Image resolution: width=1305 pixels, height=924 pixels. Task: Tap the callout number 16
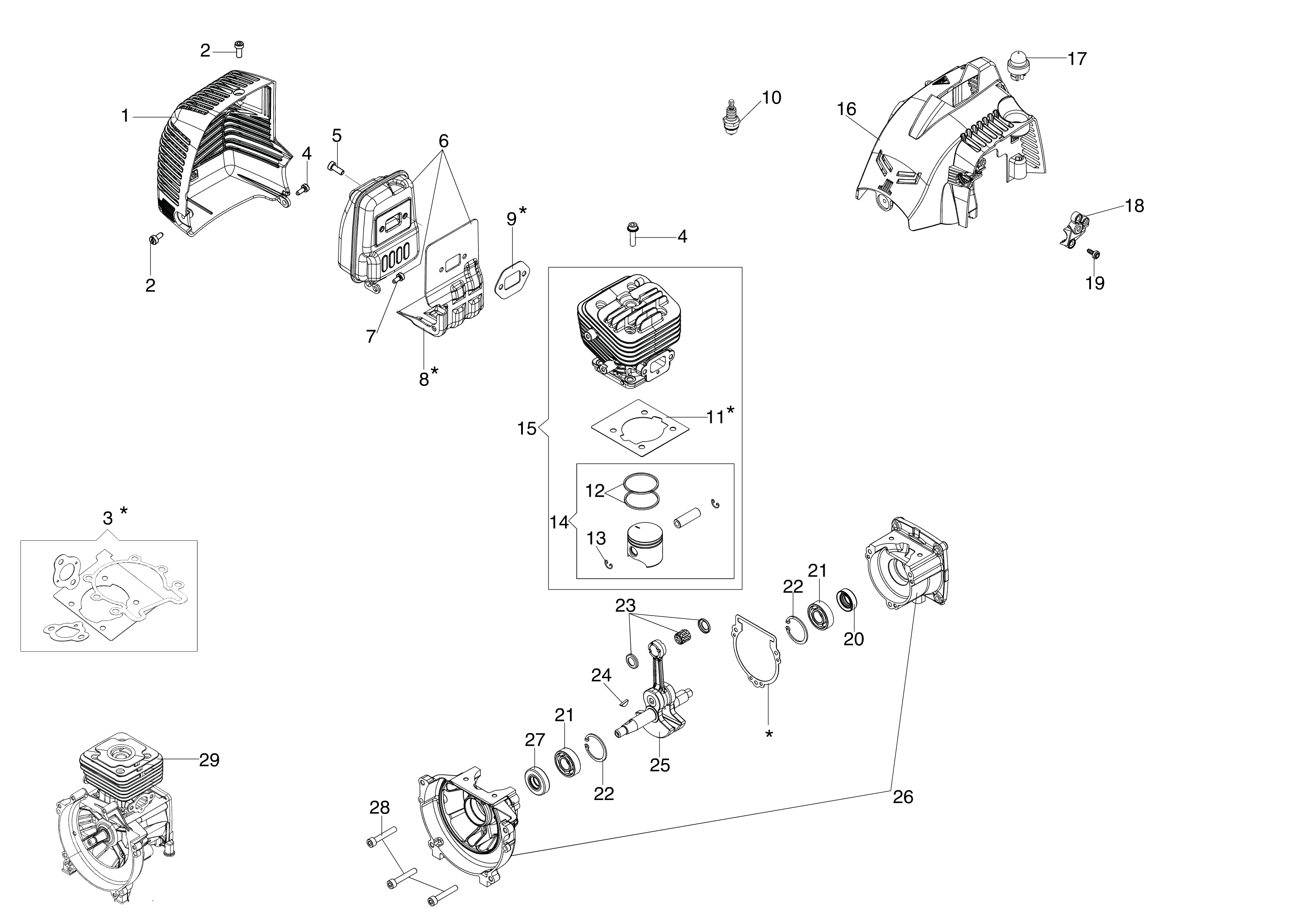click(847, 109)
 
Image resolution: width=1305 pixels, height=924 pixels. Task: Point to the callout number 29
click(209, 760)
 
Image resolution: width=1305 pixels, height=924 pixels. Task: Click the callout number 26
click(902, 797)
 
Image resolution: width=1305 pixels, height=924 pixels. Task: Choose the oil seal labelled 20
click(847, 601)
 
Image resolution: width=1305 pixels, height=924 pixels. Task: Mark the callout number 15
click(527, 429)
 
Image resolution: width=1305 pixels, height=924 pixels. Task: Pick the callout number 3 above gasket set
click(107, 518)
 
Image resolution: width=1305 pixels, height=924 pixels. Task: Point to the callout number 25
click(660, 765)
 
